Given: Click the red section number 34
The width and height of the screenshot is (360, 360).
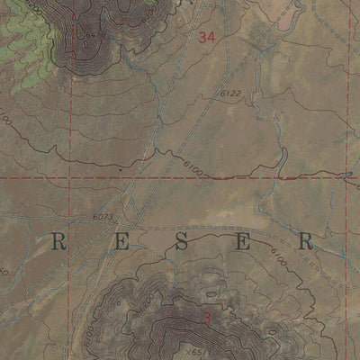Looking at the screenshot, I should coord(208,37).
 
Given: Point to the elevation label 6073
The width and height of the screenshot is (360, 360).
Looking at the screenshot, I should coord(104,217).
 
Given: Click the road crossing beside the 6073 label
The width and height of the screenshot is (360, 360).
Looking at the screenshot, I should coord(129,219).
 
